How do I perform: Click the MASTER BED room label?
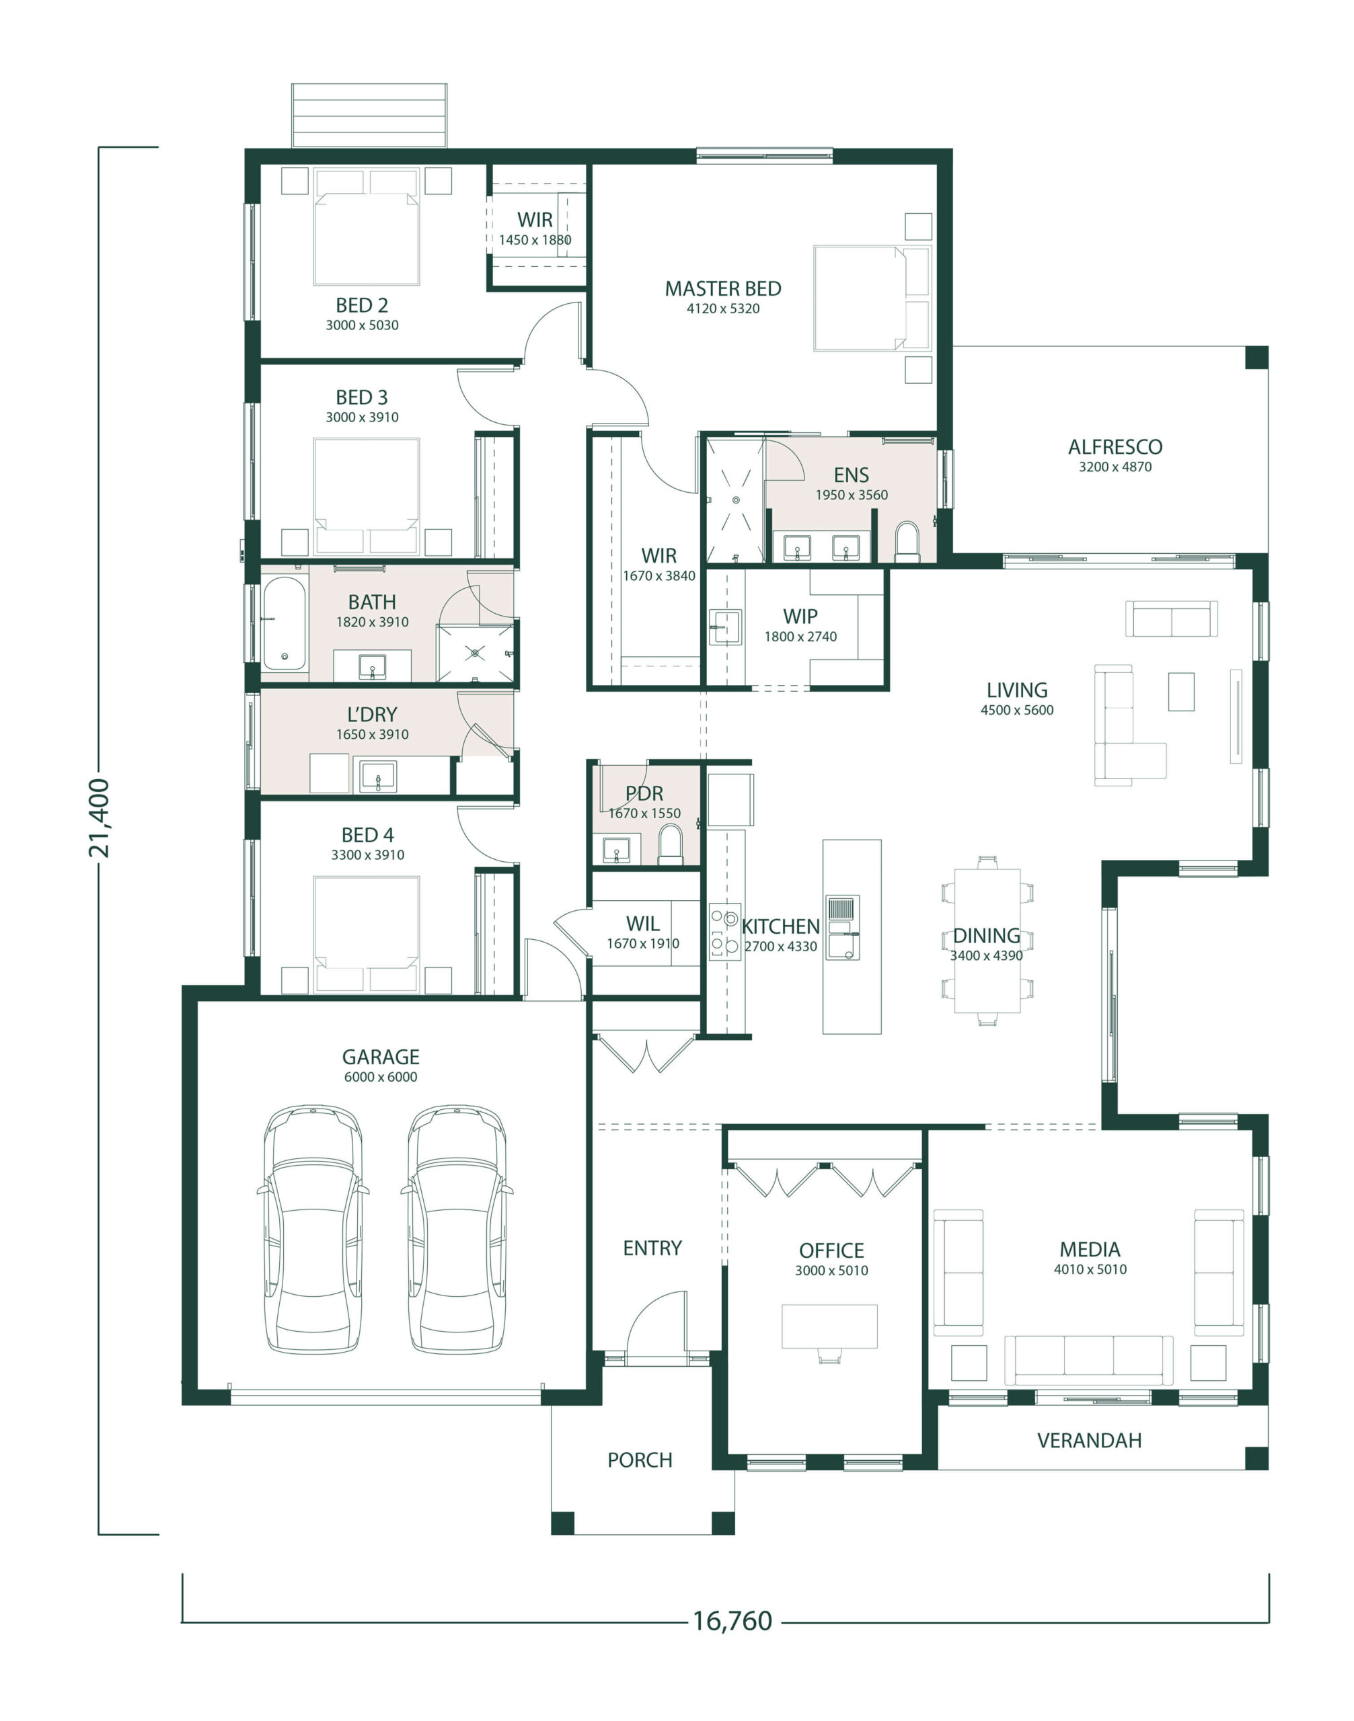pyautogui.click(x=723, y=288)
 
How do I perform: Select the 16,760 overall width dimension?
pyautogui.click(x=732, y=1620)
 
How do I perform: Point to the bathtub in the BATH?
pyautogui.click(x=284, y=625)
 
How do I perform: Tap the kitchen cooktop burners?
pyautogui.click(x=724, y=931)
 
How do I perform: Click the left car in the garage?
pyautogui.click(x=313, y=1228)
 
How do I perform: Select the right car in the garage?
pyautogui.click(x=457, y=1228)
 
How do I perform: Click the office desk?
pyautogui.click(x=829, y=1326)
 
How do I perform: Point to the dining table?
pyautogui.click(x=987, y=940)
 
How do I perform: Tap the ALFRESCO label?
pyautogui.click(x=1115, y=447)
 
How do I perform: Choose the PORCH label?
pyautogui.click(x=640, y=1460)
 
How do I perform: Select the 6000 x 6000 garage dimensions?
pyautogui.click(x=381, y=1077)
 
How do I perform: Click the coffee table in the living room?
pyautogui.click(x=1181, y=692)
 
